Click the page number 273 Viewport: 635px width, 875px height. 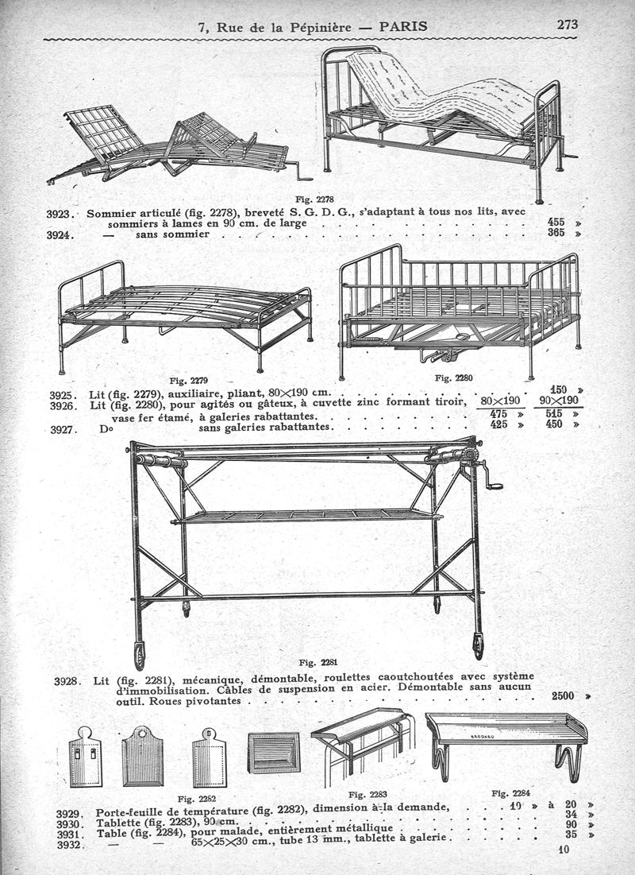tap(567, 25)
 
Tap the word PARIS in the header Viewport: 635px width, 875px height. tap(403, 26)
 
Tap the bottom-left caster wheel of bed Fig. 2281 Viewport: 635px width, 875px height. tap(140, 656)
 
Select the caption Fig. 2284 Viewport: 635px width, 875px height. tap(510, 793)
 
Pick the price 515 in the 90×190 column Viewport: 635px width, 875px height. tap(553, 414)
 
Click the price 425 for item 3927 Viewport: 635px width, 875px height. tap(498, 424)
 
